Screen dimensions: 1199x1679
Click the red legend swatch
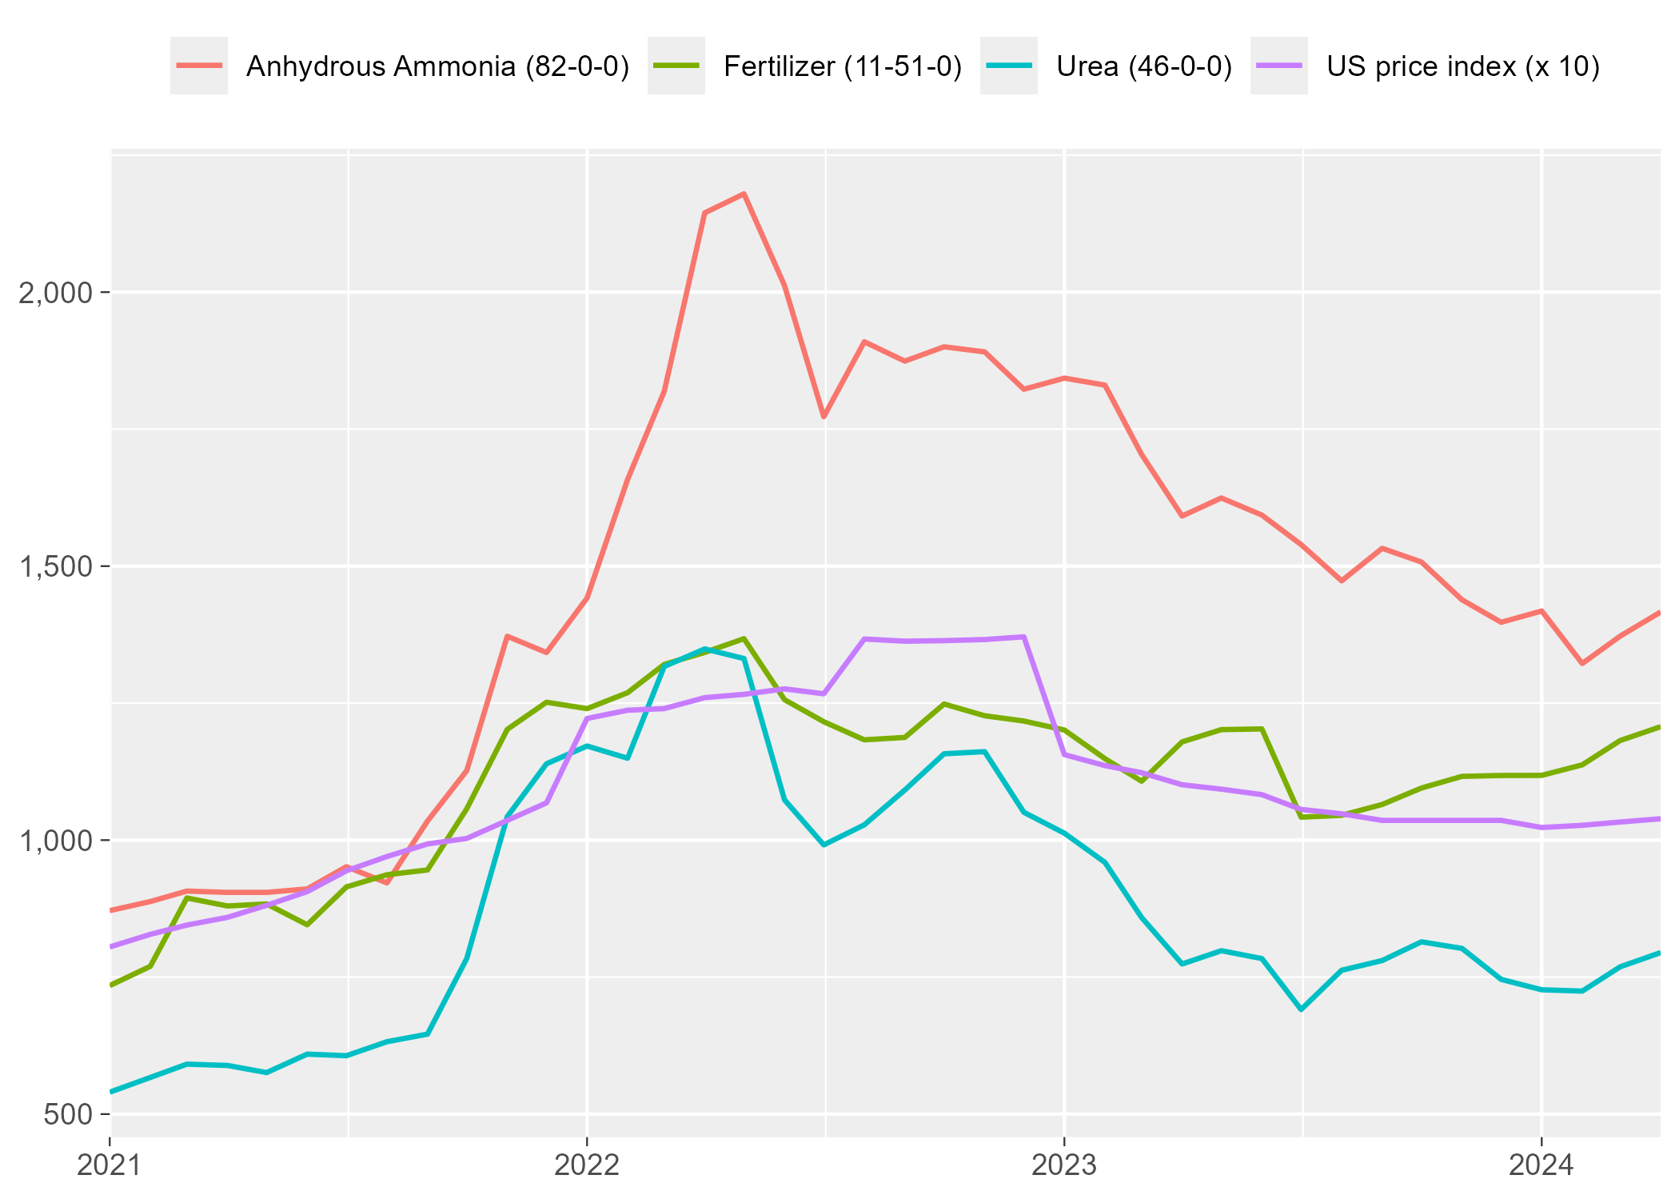(199, 66)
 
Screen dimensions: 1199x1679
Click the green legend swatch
(676, 66)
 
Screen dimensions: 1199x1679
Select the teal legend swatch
(1009, 66)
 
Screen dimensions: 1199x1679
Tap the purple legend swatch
(1279, 66)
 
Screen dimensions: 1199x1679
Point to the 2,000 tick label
(55, 294)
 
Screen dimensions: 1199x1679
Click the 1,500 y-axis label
(55, 567)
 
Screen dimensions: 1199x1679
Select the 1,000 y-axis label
(55, 841)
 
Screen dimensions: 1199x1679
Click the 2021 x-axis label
(110, 1165)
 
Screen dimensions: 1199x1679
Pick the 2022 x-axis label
(587, 1165)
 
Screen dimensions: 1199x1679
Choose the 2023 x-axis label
(1064, 1165)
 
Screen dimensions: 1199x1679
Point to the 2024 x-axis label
(1541, 1165)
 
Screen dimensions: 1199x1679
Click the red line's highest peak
(744, 194)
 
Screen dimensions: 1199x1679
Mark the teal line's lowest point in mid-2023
(1302, 1009)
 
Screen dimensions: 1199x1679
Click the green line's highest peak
(744, 638)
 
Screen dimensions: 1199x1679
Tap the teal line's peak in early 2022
(704, 649)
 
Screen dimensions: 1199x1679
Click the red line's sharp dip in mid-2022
(824, 417)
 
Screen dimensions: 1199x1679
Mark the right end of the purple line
(1660, 818)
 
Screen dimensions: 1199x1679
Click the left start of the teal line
(110, 1092)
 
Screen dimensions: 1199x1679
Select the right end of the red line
(1660, 613)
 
